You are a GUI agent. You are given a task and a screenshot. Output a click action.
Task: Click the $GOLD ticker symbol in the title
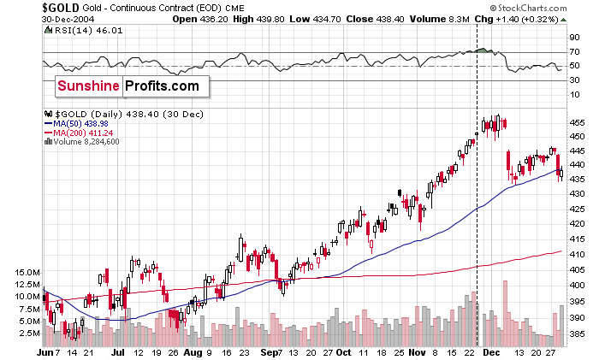pyautogui.click(x=25, y=7)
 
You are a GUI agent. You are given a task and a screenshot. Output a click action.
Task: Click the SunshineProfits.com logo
pyautogui.click(x=128, y=86)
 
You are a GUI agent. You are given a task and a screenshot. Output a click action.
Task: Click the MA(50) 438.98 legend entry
pyautogui.click(x=78, y=123)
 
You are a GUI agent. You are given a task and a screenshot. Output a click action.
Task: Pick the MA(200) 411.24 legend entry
pyautogui.click(x=80, y=132)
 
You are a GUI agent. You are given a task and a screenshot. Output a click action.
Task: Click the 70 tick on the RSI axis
pyautogui.click(x=575, y=52)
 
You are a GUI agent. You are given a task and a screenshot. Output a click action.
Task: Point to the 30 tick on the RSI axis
pyautogui.click(x=575, y=80)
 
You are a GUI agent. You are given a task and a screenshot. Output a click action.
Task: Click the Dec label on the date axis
pyautogui.click(x=491, y=351)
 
